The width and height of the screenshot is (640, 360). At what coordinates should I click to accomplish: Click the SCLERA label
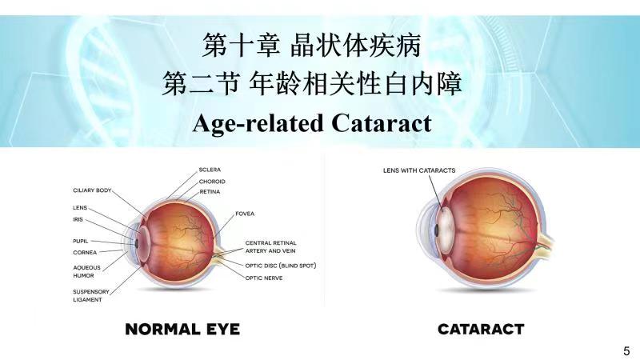click(210, 170)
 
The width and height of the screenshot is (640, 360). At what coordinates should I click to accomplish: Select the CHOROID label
click(212, 182)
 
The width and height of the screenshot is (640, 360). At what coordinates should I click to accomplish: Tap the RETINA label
click(210, 192)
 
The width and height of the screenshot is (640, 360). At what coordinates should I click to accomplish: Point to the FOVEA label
click(245, 214)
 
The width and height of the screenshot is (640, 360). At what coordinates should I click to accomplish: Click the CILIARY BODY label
click(92, 190)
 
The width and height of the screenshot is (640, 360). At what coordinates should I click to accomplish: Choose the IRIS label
click(78, 219)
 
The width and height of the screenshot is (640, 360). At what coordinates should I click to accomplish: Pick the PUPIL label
click(81, 242)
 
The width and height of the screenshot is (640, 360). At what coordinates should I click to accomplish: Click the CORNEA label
click(85, 253)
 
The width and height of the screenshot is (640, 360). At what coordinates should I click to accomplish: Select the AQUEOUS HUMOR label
click(86, 272)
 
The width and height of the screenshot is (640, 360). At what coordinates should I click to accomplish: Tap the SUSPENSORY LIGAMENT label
click(91, 295)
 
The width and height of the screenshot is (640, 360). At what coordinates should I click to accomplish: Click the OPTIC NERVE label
click(264, 278)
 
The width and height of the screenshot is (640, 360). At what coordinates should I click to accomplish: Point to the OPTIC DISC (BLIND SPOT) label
click(281, 266)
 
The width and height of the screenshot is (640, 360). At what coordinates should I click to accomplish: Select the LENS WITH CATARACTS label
click(419, 170)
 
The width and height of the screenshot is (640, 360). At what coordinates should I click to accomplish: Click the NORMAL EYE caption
click(182, 330)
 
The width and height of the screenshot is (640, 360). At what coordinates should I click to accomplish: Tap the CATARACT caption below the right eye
click(481, 330)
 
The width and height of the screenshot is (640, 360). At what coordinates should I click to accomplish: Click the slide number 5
click(626, 351)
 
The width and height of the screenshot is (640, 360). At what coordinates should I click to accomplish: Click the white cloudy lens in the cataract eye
click(445, 230)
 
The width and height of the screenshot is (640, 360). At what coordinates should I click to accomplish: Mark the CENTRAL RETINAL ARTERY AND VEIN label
click(270, 247)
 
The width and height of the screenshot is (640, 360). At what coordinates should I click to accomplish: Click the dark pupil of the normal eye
click(137, 244)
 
